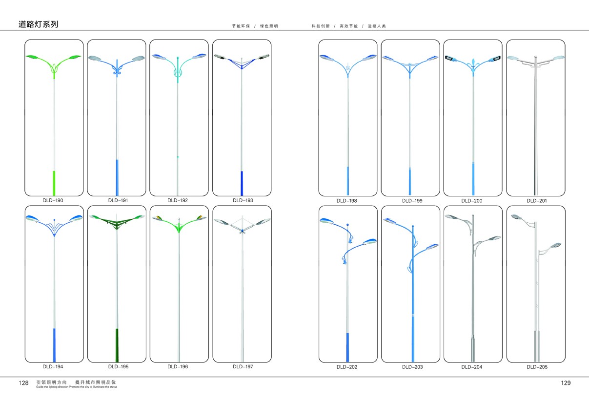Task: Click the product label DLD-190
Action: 53,200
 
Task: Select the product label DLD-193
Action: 243,200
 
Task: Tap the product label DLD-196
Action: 178,366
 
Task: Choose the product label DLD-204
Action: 472,367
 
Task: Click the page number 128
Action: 24,383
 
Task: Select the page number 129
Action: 566,383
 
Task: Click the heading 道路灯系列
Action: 39,24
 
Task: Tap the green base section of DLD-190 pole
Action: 54,182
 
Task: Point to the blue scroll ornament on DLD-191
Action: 117,73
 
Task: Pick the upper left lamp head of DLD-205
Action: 516,216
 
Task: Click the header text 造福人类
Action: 377,26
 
